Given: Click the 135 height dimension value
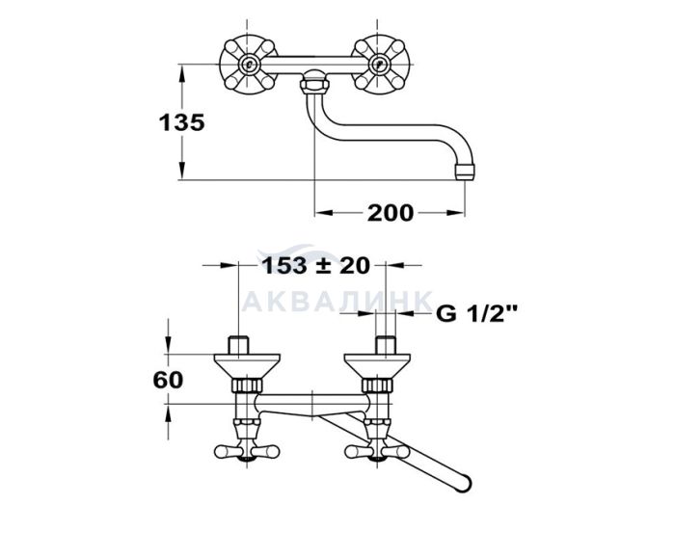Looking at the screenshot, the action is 181,122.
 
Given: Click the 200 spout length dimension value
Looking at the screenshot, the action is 390,213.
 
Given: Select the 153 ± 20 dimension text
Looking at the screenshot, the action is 315,265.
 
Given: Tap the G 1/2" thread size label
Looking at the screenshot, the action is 476,314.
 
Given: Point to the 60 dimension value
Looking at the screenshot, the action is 168,380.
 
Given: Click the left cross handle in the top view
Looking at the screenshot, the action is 248,65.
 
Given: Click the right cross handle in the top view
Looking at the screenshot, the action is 379,65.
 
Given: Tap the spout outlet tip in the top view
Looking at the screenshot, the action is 465,171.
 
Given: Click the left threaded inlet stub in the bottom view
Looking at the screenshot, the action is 239,345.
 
